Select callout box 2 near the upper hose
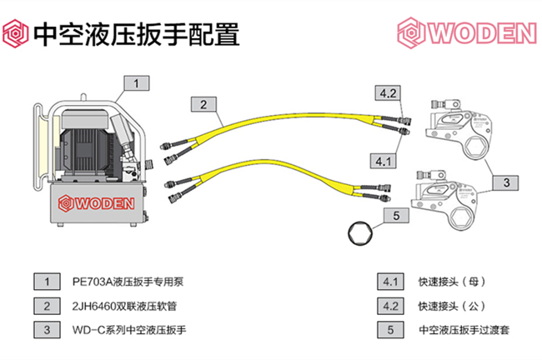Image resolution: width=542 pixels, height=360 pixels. [203, 104]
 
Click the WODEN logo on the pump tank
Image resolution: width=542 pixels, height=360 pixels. [95, 202]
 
